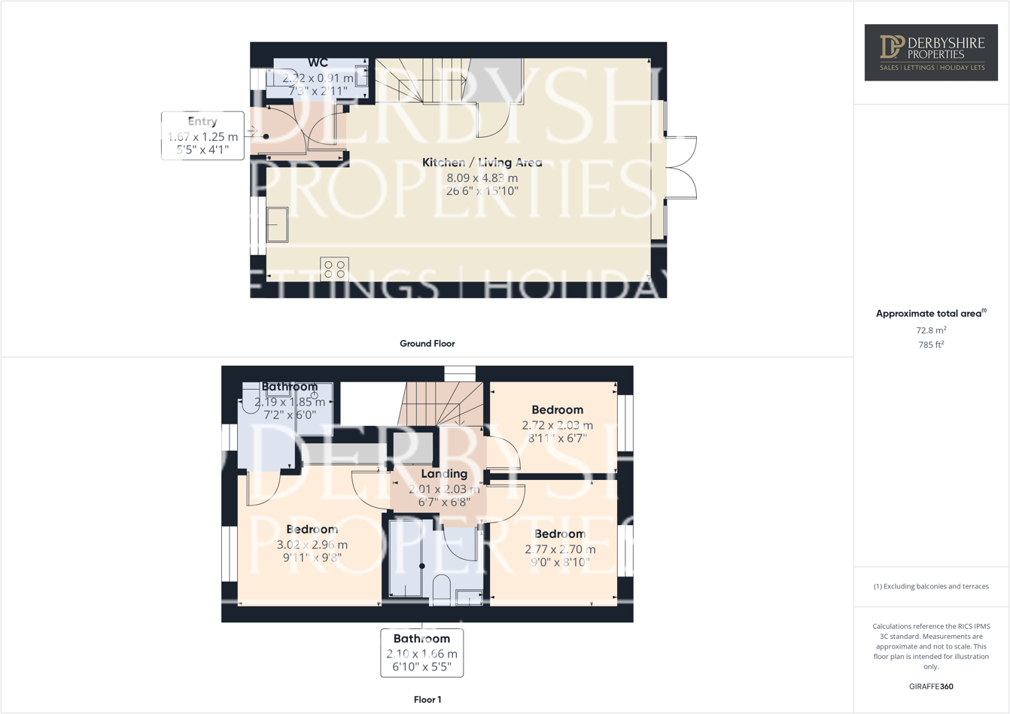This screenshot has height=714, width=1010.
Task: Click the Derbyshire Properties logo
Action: coord(931,52)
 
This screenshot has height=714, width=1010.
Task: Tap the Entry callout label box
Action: coord(202,135)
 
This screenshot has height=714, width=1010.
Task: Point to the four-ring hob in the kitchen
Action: coord(334,269)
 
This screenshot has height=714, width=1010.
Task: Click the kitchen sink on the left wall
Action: coord(277,224)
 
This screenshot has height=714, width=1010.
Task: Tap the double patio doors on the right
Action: coord(680,168)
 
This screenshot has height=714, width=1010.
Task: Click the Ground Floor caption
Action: coord(427,344)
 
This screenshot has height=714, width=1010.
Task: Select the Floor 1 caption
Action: coord(427,700)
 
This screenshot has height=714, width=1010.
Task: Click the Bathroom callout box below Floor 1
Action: coord(421,652)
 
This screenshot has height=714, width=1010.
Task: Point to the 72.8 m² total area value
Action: coord(931,330)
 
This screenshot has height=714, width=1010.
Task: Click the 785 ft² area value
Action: coord(931,345)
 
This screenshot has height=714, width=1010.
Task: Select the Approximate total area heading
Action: coord(930,314)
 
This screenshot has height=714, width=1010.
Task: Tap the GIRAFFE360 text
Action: coord(931,687)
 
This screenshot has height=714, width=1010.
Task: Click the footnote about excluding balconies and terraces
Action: coord(931,586)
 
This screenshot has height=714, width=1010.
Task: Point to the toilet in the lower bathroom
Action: coord(441,589)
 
